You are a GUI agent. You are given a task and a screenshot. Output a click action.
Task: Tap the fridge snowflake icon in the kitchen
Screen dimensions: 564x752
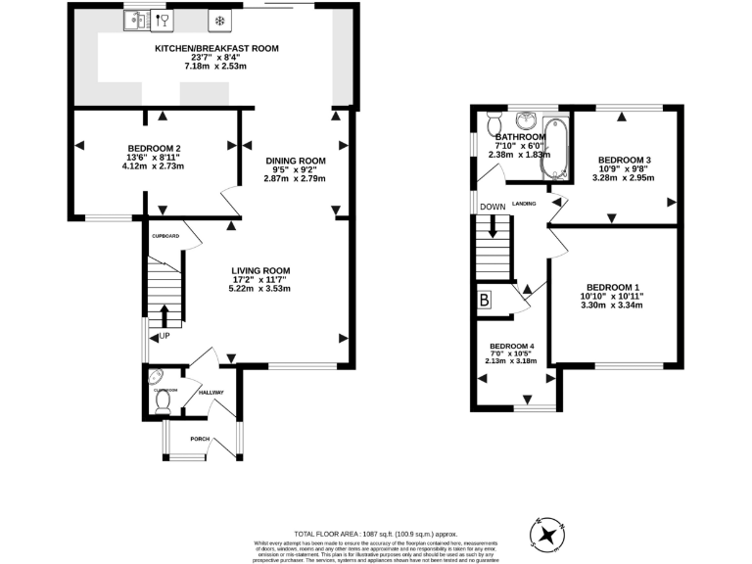(x=219, y=20)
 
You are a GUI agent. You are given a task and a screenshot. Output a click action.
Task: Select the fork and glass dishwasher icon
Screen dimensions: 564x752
(x=163, y=20)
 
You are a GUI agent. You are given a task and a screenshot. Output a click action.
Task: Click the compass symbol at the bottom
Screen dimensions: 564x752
(x=546, y=534)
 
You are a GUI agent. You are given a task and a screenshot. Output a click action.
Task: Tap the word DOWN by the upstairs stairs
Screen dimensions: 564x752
(x=493, y=207)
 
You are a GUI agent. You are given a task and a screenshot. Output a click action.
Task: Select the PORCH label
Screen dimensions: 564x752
(x=200, y=439)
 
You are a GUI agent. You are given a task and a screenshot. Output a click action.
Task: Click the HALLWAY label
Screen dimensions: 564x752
(x=211, y=393)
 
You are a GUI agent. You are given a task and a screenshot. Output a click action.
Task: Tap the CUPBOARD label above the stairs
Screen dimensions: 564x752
(x=164, y=236)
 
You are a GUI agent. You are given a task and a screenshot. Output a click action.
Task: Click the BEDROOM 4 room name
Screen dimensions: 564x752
(x=511, y=347)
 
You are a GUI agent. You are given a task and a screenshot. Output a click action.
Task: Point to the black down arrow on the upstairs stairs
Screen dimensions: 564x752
(x=494, y=227)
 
